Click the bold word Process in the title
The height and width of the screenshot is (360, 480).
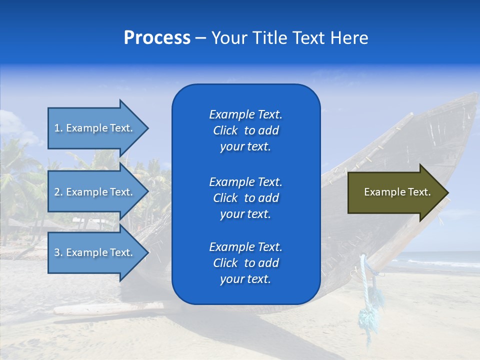tap(157, 38)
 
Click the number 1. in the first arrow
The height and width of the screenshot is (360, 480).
tap(58, 128)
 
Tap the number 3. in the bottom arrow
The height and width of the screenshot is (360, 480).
tap(58, 252)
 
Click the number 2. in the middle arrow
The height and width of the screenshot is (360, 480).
tap(58, 192)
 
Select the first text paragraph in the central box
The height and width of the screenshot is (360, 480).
tap(245, 130)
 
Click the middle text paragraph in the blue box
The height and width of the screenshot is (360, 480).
tap(245, 198)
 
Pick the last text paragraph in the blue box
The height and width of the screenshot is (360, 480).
tap(245, 263)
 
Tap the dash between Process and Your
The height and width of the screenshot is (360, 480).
tap(200, 38)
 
